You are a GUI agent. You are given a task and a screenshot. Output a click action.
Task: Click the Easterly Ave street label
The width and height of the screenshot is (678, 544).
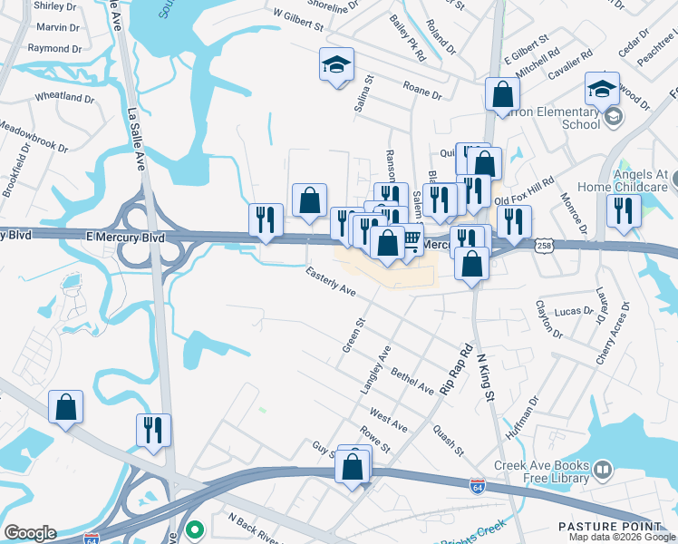point(331,282)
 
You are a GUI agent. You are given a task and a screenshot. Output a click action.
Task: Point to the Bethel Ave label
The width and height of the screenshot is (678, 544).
point(413,382)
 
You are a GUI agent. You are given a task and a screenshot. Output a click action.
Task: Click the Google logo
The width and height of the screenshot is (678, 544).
point(30,533)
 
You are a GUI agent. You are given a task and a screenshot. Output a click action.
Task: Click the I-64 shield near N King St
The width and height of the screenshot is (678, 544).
point(478,487)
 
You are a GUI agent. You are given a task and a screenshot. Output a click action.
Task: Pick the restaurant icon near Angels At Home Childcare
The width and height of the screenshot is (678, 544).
point(624,209)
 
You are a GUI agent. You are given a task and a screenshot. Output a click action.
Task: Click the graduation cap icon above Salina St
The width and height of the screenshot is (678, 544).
point(336,65)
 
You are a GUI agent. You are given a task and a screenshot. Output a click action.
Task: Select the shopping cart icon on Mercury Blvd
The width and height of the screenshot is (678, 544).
point(411,240)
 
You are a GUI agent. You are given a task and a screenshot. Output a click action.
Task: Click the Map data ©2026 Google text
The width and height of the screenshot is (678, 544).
point(622,537)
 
